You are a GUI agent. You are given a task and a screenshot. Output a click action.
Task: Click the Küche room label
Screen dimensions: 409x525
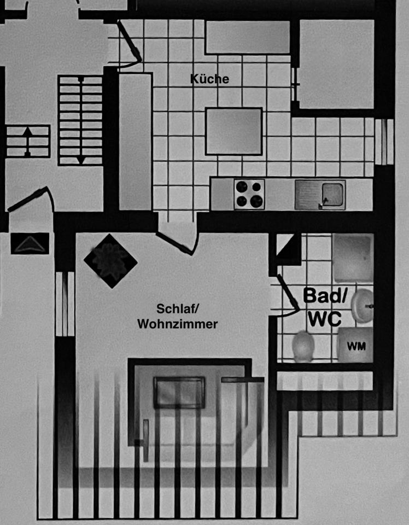[209, 79]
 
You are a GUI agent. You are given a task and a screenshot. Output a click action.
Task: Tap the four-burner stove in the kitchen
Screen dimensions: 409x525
[249, 194]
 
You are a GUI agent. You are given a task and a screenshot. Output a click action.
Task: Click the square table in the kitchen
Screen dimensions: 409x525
[233, 131]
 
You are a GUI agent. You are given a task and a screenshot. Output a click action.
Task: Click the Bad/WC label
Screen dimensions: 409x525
[325, 307]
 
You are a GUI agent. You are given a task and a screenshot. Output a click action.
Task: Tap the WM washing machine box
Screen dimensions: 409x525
[355, 346]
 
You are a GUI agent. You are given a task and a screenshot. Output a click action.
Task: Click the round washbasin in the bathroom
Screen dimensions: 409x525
[363, 306]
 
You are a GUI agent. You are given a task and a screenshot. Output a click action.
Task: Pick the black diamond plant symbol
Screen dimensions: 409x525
[110, 261]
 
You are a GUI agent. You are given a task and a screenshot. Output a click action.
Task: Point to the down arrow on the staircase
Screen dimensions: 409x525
[81, 159]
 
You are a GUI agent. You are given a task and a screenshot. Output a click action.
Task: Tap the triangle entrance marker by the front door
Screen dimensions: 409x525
[30, 243]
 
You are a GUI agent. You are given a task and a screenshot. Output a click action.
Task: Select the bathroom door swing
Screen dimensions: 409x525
[287, 295]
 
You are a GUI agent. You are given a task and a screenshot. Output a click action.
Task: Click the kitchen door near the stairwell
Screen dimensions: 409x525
[130, 44]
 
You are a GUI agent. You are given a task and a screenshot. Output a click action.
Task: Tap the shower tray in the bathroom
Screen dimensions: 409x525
[353, 258]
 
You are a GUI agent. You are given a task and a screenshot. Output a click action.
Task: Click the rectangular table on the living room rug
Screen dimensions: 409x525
[179, 392]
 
